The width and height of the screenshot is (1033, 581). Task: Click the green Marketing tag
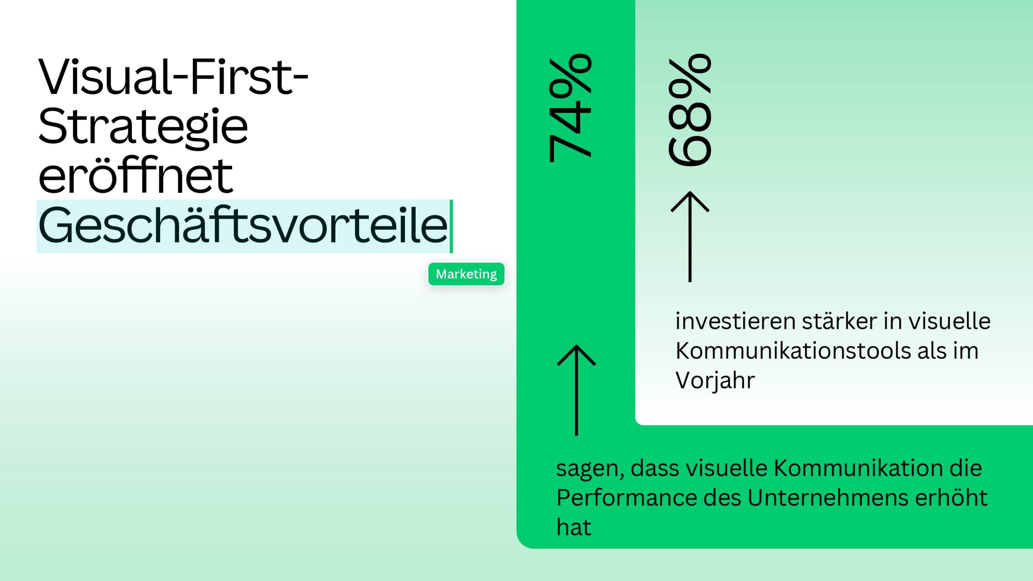coord(466,274)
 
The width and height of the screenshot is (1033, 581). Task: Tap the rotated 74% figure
coord(570,108)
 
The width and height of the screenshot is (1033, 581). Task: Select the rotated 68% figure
coord(690,110)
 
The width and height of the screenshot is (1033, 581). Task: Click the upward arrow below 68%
coord(690,236)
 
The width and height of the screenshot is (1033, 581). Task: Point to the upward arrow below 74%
coord(576,390)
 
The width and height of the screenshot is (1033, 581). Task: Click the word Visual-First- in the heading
coord(173,77)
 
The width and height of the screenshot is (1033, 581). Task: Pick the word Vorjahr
coord(715,380)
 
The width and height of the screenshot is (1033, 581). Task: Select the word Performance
coord(626,497)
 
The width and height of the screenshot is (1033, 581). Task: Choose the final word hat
coord(574,527)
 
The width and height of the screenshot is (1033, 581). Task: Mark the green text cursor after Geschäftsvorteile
coord(452,226)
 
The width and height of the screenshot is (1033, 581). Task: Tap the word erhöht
coord(951,497)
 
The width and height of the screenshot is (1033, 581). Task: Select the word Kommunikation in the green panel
coord(857,468)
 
